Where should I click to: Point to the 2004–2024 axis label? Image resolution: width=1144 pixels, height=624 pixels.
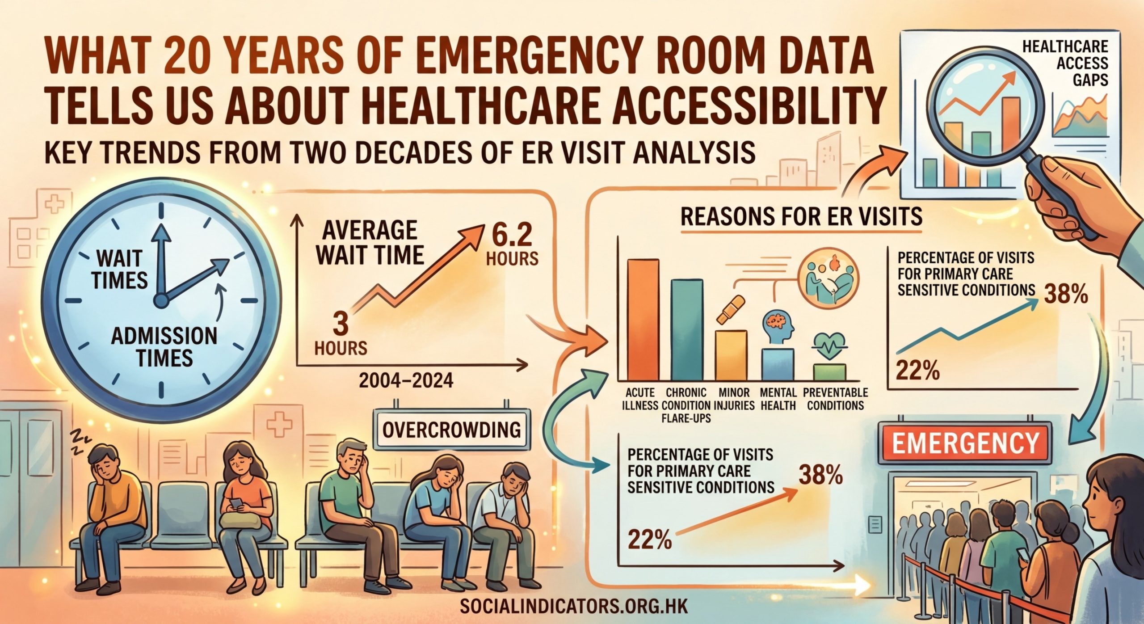click(x=406, y=380)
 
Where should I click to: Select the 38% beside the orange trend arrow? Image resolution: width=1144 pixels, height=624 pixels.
click(x=820, y=476)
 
